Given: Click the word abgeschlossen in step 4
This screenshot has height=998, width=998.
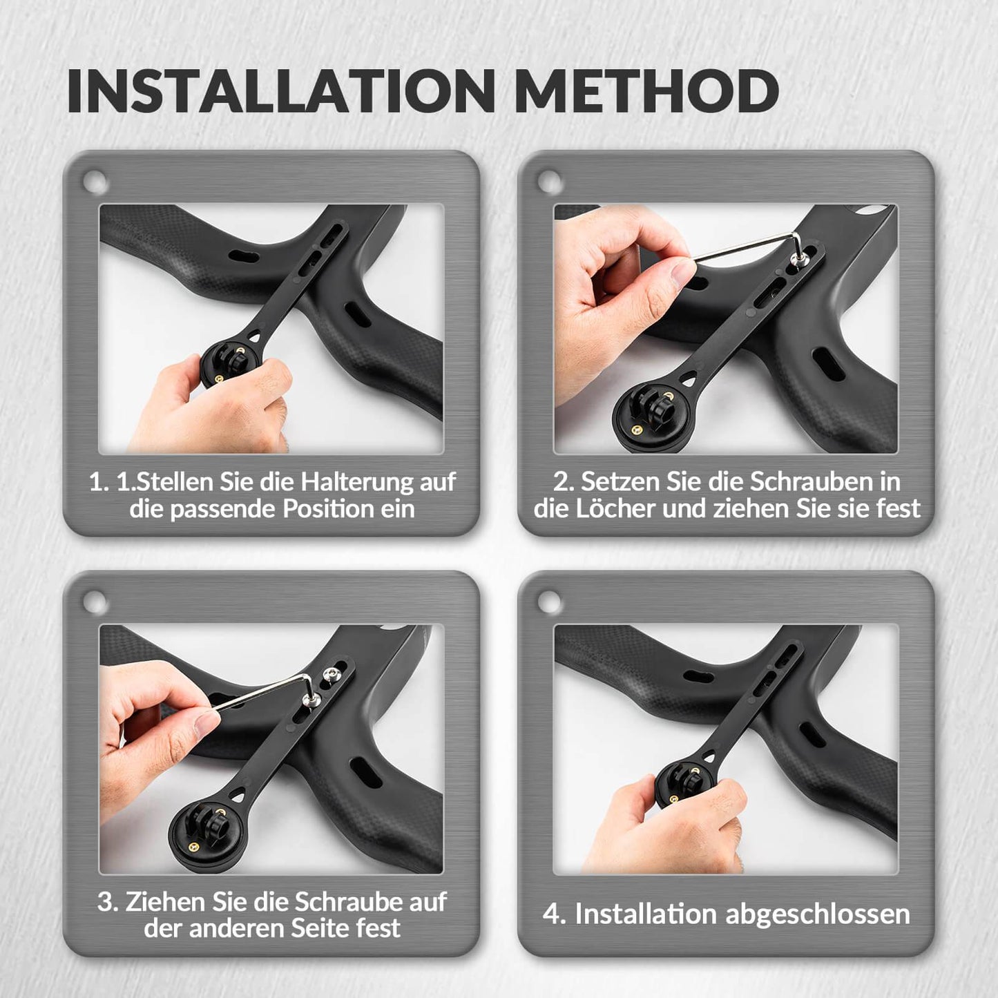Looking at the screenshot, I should (818, 914).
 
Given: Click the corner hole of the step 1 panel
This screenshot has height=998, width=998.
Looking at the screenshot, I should (95, 183).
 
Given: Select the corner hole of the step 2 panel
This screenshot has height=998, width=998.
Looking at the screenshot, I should (550, 183).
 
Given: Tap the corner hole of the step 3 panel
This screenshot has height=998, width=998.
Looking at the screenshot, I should (95, 603).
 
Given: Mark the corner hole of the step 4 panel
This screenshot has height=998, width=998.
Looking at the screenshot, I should (550, 603).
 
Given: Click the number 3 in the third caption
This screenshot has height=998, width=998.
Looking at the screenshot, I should (106, 901).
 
